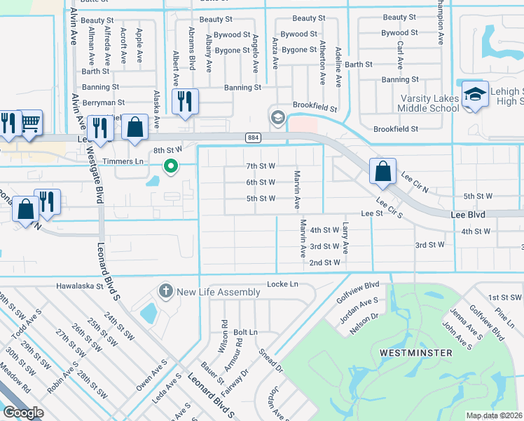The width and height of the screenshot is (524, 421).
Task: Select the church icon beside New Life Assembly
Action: click(x=166, y=290)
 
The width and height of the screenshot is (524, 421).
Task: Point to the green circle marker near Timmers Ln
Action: click(x=170, y=166)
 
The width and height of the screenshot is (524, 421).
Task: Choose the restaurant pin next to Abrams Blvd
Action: click(x=185, y=101)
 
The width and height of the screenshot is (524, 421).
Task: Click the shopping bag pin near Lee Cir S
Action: click(x=383, y=173)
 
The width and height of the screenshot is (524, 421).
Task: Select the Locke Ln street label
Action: click(x=282, y=284)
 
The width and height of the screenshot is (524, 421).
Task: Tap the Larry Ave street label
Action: click(x=345, y=238)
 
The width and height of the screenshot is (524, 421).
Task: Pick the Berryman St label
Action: click(x=102, y=102)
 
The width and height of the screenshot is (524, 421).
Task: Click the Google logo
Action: click(x=23, y=412)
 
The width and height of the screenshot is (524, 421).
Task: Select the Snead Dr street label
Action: click(x=270, y=360)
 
